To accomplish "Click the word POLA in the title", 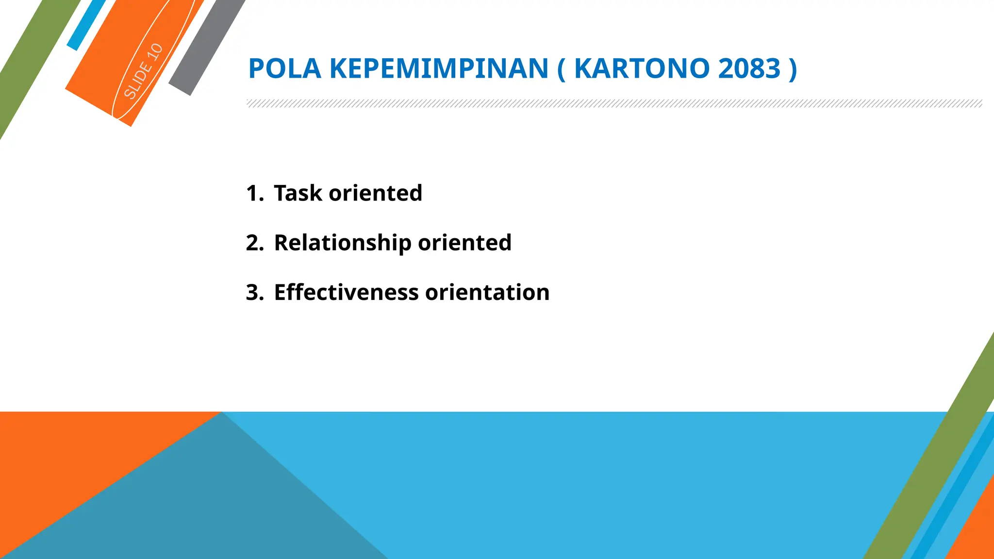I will coord(284,68).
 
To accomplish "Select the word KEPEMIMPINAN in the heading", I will coord(439,68).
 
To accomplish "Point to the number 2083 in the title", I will coord(749,68).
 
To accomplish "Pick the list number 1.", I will coord(254,193).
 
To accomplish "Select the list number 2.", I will coord(254,243).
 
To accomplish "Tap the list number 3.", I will coord(254,293).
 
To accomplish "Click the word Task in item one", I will coord(298,193).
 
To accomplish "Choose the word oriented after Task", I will coord(375,193).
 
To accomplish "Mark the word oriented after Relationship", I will coord(464,243).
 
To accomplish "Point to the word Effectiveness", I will coord(346,293).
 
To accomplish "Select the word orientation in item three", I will coord(487,293).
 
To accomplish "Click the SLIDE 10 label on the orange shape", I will coord(143,71).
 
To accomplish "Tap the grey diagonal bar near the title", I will coord(206,49).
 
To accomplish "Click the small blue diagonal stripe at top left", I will coord(86,24).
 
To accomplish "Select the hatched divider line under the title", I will coord(614,103).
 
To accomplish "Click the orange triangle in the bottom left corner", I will coord(58,466).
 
